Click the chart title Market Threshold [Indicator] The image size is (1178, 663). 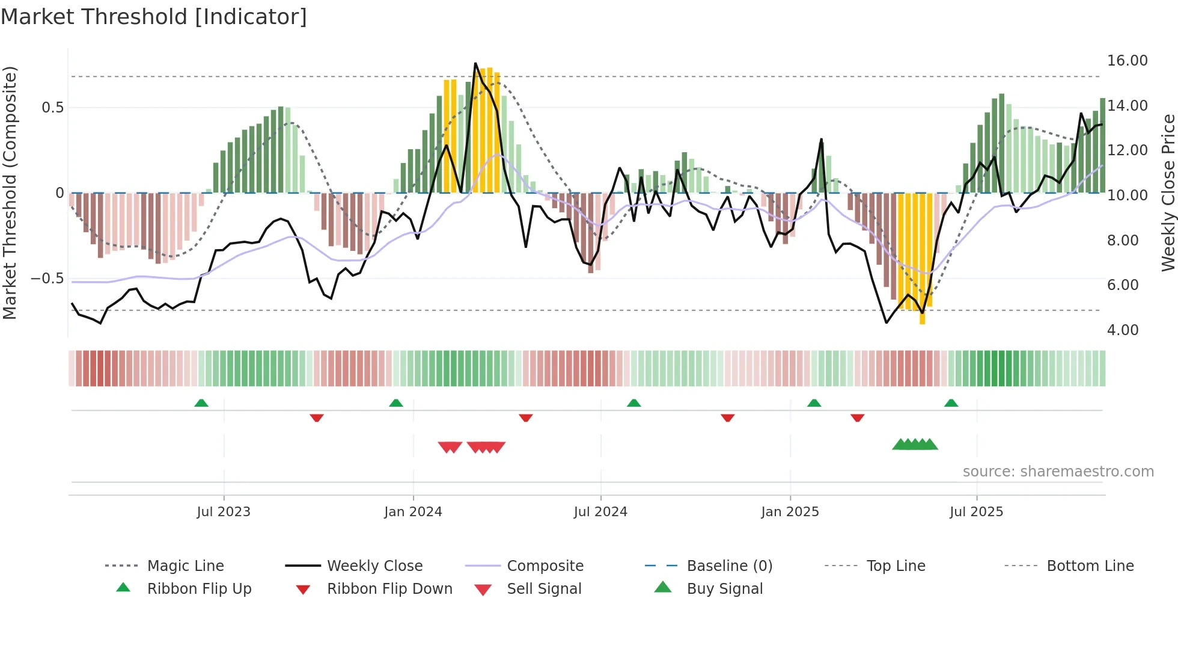coord(154,17)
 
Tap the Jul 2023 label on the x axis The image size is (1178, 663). coord(224,512)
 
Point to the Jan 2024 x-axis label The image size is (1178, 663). coord(413,512)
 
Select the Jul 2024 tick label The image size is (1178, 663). coord(600,512)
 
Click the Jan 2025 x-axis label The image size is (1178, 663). coord(790,512)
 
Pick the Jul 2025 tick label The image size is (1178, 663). coord(977,512)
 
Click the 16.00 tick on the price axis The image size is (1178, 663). coord(1128,61)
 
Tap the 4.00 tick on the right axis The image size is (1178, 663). coord(1123,330)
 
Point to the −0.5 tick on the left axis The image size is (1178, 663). coord(47,279)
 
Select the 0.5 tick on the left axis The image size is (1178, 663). coord(52,108)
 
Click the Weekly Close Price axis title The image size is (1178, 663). coord(1168,193)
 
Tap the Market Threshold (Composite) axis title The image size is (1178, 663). coord(10,193)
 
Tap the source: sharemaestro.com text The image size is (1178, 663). coord(1058,472)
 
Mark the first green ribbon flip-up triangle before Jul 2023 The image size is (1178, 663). coord(201,403)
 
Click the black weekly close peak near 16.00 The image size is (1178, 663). coord(475,64)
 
